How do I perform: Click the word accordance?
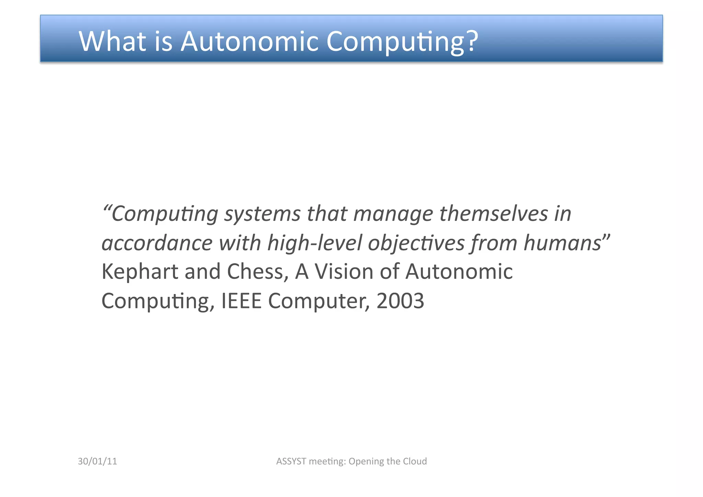click(x=157, y=243)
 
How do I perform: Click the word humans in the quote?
click(x=562, y=243)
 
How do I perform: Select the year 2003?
click(x=400, y=301)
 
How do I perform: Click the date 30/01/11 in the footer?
click(x=97, y=461)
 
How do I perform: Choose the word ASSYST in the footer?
click(x=291, y=461)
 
